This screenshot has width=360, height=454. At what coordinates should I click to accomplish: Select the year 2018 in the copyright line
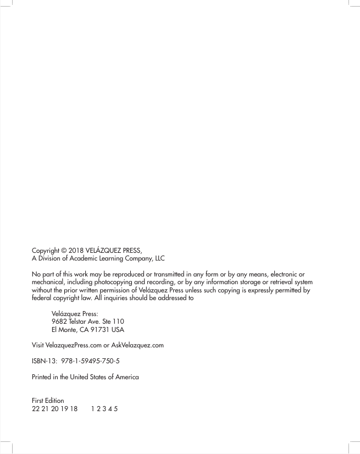pyautogui.click(x=80, y=250)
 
